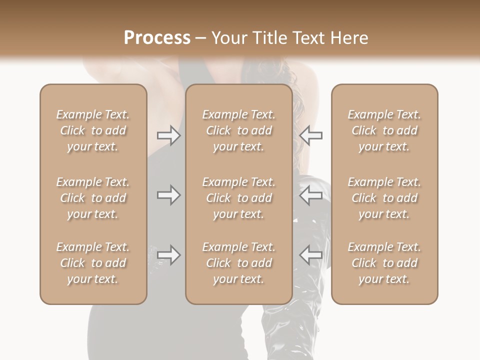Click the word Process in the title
(157, 38)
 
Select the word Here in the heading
(350, 38)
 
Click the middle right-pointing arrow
(168, 195)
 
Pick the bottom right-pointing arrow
(168, 255)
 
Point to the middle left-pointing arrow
(311, 195)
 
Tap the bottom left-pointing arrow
(311, 255)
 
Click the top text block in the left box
(93, 130)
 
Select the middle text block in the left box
(93, 198)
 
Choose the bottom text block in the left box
(93, 263)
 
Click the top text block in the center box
(239, 130)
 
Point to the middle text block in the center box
(239, 198)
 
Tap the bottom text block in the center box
(239, 263)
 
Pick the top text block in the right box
(384, 130)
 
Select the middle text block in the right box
(384, 198)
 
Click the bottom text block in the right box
(384, 263)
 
